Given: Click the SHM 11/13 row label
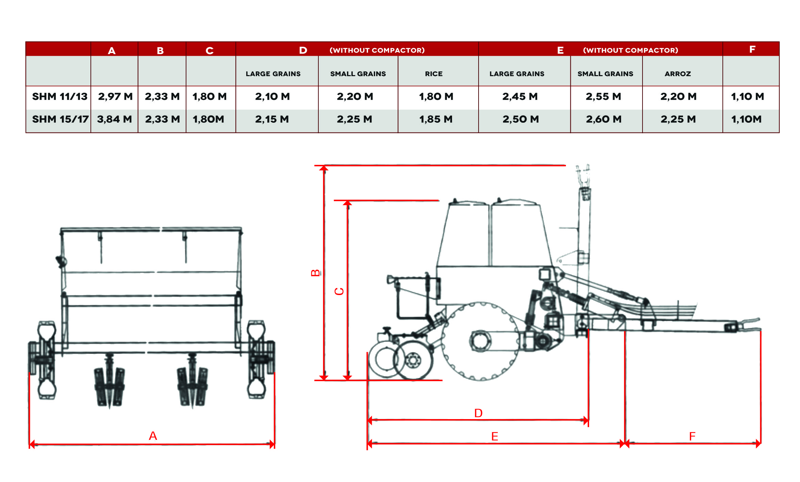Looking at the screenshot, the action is (x=60, y=97).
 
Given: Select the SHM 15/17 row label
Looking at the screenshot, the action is (x=60, y=119).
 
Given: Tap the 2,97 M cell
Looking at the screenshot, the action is (x=115, y=97).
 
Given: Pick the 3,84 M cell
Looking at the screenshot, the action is (x=114, y=119).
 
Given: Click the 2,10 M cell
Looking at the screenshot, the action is (x=272, y=97).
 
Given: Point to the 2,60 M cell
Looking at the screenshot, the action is (x=604, y=119).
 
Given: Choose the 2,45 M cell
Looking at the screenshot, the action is (x=520, y=97).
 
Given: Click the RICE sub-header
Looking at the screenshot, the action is (x=434, y=74).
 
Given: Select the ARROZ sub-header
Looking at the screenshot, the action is (x=678, y=74).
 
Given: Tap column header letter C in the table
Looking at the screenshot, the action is (x=210, y=51).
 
